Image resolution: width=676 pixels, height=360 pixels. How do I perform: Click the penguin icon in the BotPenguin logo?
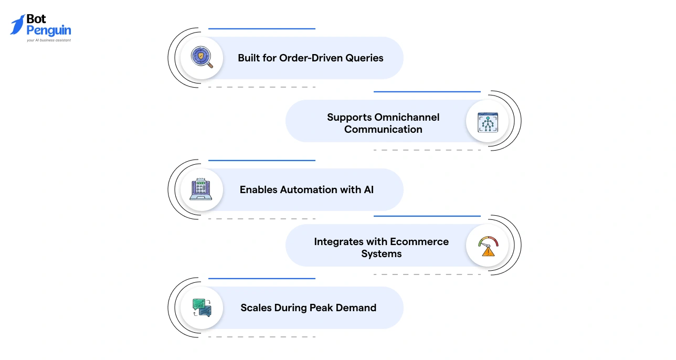[17, 25]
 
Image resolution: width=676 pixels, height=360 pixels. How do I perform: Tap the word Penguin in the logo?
[49, 30]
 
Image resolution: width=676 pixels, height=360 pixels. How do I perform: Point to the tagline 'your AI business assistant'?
[49, 40]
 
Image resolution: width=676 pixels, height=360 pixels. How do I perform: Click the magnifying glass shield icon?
[202, 58]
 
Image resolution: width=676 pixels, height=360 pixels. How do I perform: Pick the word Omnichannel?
[407, 117]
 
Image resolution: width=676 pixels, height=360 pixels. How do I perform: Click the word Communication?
[383, 129]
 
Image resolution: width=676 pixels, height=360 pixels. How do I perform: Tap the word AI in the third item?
[368, 189]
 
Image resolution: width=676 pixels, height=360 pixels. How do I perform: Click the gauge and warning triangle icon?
[488, 246]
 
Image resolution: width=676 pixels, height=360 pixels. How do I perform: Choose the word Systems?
[382, 253]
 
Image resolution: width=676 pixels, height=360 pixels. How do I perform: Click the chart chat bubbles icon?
[202, 308]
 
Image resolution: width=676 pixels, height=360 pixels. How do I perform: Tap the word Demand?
[356, 308]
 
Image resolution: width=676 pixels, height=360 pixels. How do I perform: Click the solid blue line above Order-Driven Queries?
[261, 29]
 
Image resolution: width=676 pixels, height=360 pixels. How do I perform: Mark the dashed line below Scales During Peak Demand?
[261, 336]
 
